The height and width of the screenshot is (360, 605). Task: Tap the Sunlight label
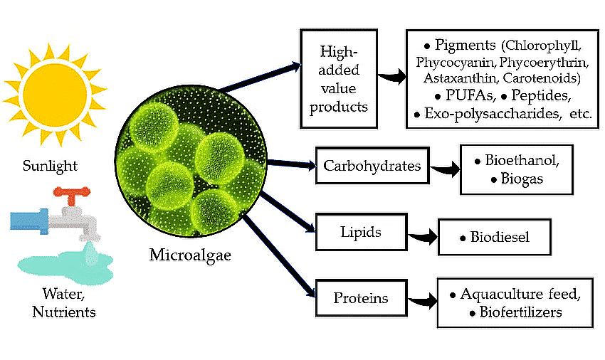pos(50,166)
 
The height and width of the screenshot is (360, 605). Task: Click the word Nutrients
pos(64,312)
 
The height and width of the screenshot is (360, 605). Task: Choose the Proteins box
pos(361,297)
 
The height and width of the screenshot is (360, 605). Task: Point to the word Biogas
pos(521,179)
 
